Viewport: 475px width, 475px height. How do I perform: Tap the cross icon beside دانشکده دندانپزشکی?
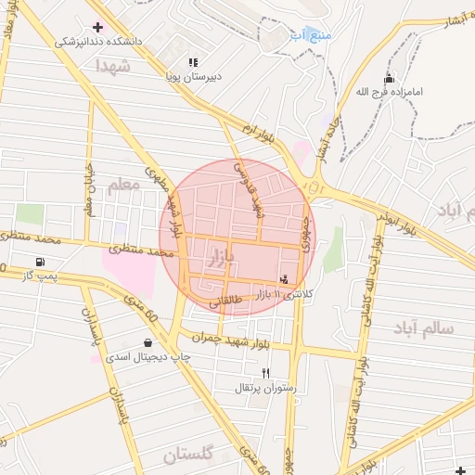(x=97, y=27)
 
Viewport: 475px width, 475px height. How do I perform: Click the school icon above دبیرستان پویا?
(x=193, y=62)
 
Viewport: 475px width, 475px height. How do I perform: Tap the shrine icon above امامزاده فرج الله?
(x=388, y=78)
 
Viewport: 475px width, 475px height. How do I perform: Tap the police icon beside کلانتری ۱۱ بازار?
(x=284, y=278)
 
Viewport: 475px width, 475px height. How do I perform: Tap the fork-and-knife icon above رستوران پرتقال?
(x=266, y=373)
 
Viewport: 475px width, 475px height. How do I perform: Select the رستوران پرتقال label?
(x=266, y=389)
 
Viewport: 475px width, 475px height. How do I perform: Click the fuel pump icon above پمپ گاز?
(x=39, y=262)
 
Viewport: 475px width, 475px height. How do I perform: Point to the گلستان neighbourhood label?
(x=188, y=455)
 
